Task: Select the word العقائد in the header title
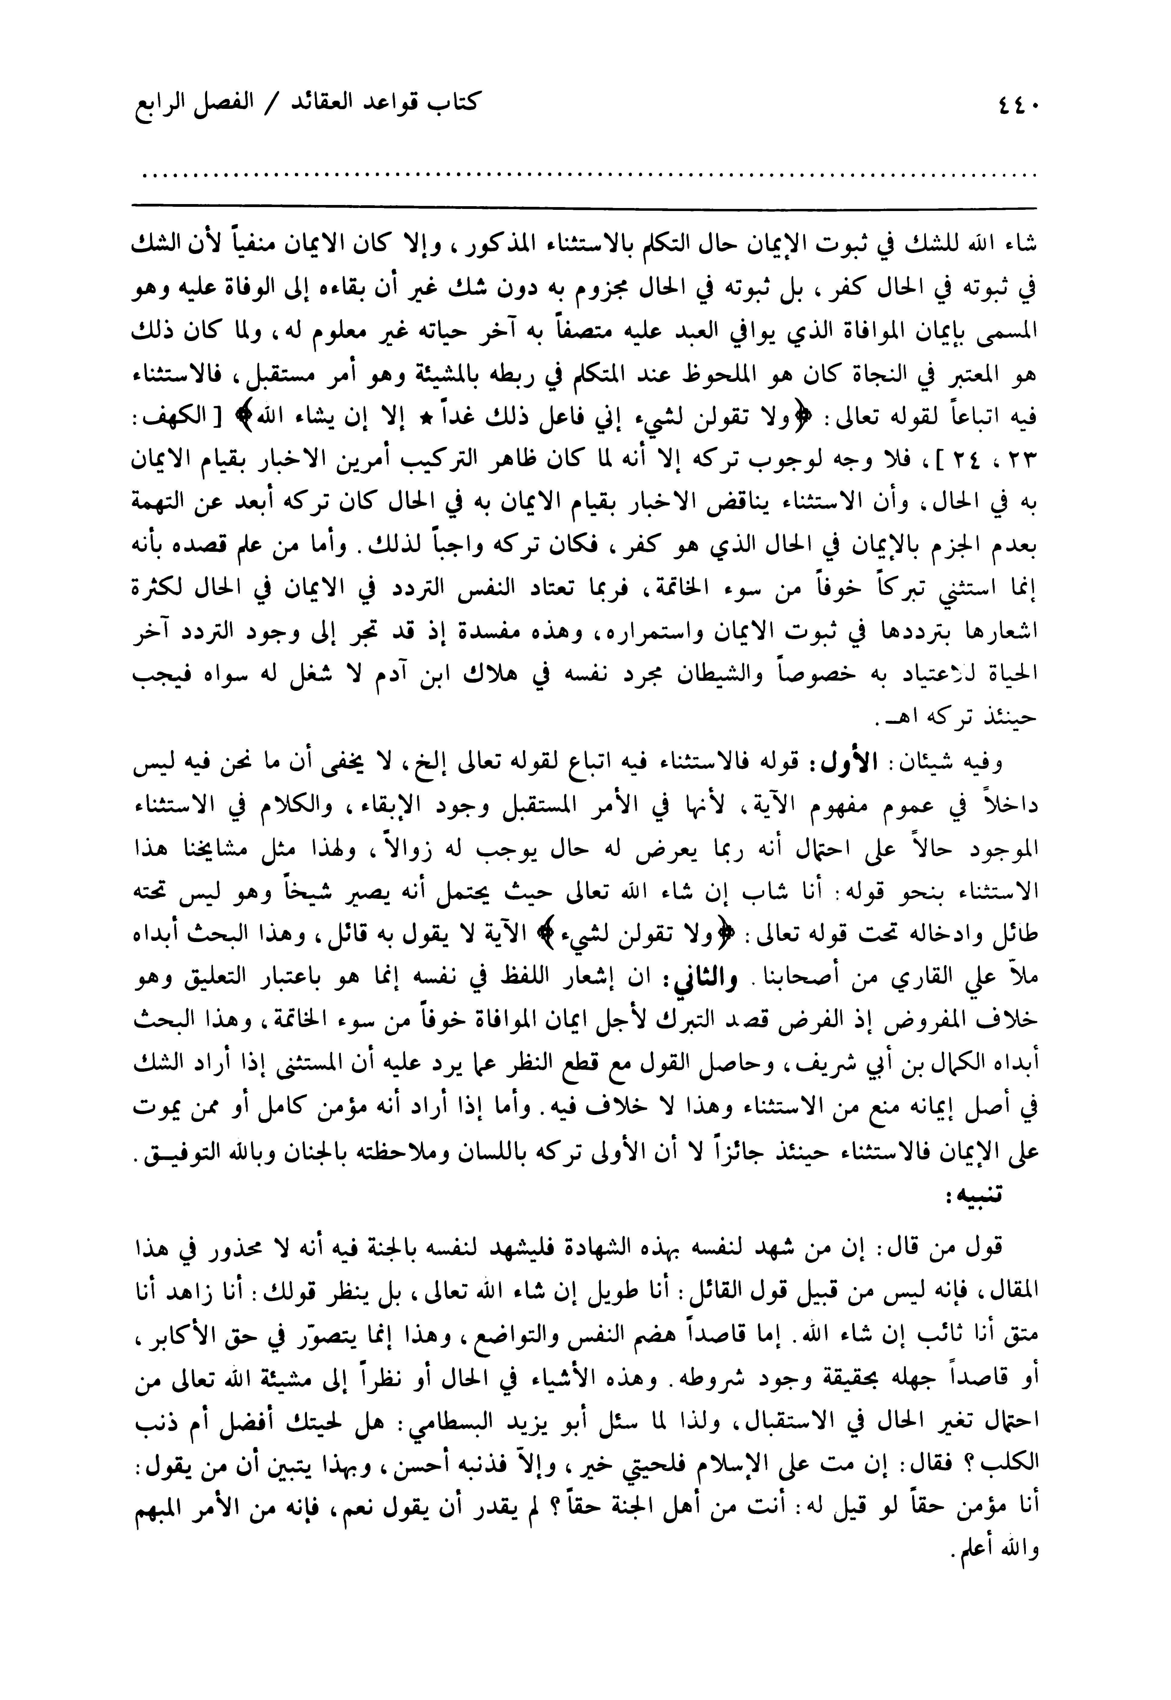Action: click(x=334, y=103)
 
